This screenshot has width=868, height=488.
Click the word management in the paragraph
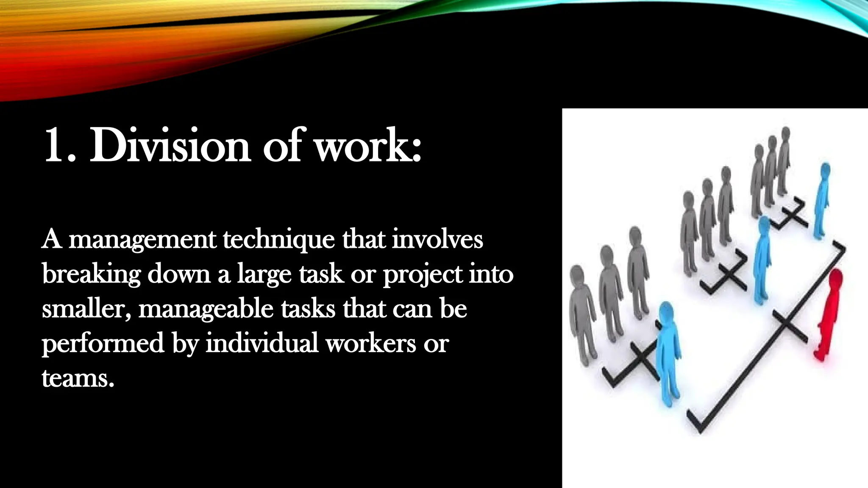tap(142, 241)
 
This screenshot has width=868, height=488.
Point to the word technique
tap(279, 240)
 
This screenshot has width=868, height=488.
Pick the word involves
tap(437, 240)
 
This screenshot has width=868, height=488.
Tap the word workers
tap(370, 344)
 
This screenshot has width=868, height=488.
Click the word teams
tap(78, 378)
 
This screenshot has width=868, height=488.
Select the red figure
tap(829, 316)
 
